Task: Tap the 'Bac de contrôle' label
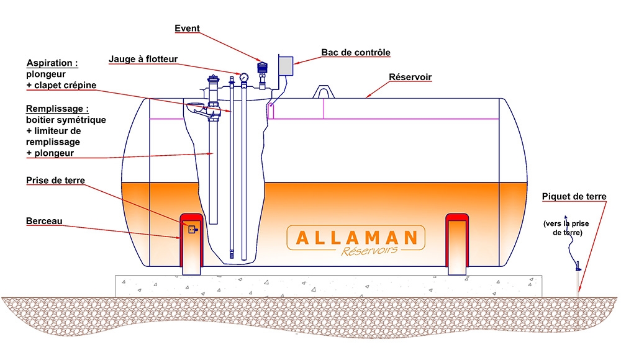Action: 356,53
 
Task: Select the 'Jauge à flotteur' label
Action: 143,60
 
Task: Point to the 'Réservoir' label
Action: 410,78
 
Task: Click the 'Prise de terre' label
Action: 55,181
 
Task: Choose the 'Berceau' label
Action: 44,221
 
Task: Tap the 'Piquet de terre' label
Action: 574,197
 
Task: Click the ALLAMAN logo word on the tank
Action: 356,238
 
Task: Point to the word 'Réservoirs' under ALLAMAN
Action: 369,251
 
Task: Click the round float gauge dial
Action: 243,77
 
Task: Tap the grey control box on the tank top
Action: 285,65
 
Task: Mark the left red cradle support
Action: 192,243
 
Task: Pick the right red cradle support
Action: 458,243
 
